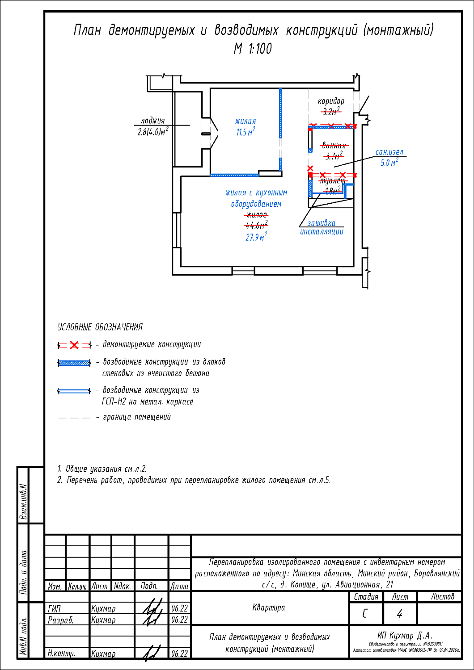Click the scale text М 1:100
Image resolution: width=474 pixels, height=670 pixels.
[253, 49]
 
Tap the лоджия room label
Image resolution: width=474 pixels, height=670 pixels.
[152, 121]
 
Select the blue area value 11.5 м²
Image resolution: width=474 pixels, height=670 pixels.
[245, 133]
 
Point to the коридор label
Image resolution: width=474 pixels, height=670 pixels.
[331, 101]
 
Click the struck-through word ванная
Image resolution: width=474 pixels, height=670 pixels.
[334, 146]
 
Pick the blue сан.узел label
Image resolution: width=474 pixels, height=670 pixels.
[389, 152]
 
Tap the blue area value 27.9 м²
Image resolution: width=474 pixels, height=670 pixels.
[256, 237]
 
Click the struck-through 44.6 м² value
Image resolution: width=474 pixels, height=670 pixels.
[256, 225]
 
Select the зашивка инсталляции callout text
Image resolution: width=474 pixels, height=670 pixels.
[322, 227]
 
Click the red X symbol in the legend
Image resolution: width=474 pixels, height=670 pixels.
[74, 345]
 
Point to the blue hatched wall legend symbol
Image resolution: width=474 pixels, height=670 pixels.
[74, 363]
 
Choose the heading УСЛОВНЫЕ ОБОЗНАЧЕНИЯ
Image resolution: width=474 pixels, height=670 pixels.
[100, 327]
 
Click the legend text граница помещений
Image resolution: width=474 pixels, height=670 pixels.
[137, 417]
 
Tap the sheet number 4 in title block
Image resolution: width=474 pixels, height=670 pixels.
[399, 614]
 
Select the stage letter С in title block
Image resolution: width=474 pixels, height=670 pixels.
[365, 614]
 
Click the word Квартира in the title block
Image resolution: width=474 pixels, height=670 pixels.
[269, 607]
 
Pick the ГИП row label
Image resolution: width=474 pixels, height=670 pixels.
[55, 608]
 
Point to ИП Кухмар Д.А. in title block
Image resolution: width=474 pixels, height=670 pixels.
[405, 635]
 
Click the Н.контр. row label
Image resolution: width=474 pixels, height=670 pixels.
[62, 653]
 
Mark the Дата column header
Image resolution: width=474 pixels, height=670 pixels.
[179, 586]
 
